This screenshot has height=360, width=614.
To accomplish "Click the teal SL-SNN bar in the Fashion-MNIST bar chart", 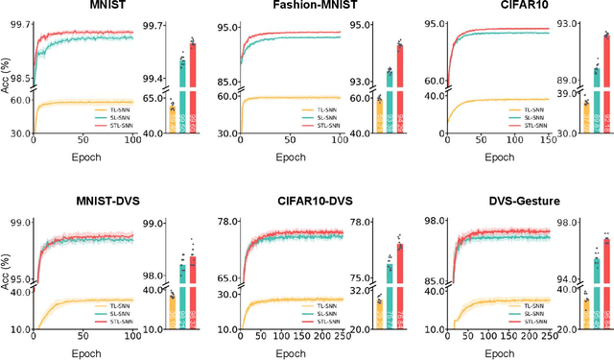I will click(389, 106).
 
